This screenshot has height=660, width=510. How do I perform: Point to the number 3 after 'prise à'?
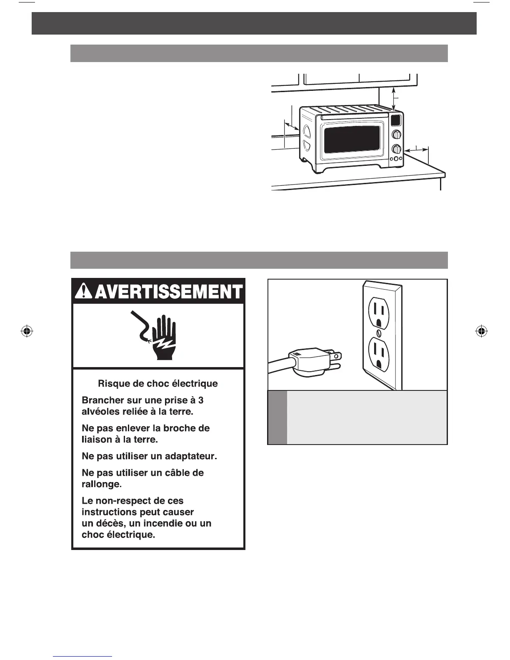click(201, 400)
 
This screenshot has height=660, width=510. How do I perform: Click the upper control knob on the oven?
click(397, 135)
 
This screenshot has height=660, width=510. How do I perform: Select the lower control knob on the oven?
click(397, 149)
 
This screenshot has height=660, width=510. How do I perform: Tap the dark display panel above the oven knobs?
click(396, 120)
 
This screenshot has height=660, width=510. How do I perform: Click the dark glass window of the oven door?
click(352, 139)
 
